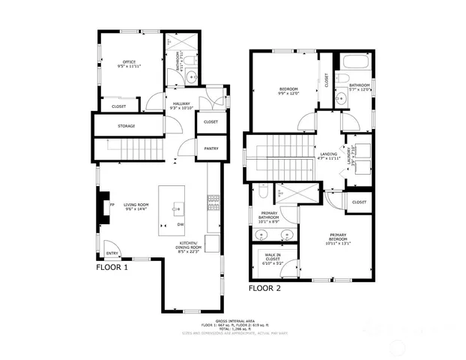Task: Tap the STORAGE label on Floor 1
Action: (x=126, y=126)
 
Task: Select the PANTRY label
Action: (x=211, y=148)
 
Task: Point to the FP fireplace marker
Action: (x=112, y=205)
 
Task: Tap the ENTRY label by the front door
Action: (x=111, y=252)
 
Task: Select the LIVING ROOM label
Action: (x=136, y=205)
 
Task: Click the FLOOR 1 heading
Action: (x=112, y=266)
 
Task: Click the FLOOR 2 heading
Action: (x=264, y=288)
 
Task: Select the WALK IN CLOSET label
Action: (x=273, y=259)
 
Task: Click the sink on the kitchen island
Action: (x=178, y=206)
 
